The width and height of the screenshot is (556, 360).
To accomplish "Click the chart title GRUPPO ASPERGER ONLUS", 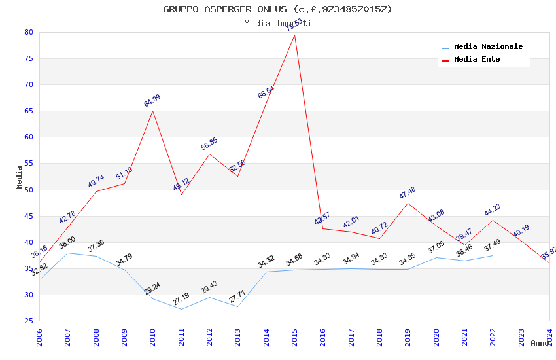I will (x=277, y=9).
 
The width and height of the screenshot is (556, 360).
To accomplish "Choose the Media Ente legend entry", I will (x=477, y=60).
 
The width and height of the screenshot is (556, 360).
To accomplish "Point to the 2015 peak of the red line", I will (x=294, y=35).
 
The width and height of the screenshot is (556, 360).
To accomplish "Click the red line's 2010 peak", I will (x=153, y=111).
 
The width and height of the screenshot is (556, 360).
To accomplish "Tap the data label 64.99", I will (x=152, y=101).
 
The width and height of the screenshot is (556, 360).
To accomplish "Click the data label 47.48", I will (x=408, y=193).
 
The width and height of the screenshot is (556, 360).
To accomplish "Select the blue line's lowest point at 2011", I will (x=181, y=309).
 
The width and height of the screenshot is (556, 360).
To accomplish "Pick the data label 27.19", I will (x=181, y=299).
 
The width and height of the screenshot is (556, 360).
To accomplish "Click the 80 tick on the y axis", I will (x=29, y=32).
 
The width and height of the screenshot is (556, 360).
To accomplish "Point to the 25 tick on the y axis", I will (x=29, y=321).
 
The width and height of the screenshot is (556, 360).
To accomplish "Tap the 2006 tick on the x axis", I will (x=39, y=337).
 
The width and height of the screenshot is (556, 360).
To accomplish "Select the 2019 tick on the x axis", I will (x=408, y=337).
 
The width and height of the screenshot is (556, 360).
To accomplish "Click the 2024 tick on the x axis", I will (x=549, y=337).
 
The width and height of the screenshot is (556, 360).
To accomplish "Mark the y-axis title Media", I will (x=20, y=177).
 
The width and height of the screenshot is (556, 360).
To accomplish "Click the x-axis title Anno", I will (x=540, y=343).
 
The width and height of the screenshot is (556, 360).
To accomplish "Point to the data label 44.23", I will (x=493, y=209).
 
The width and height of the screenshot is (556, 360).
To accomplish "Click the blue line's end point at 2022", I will (x=493, y=255).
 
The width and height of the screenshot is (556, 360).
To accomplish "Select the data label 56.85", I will (x=209, y=144).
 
